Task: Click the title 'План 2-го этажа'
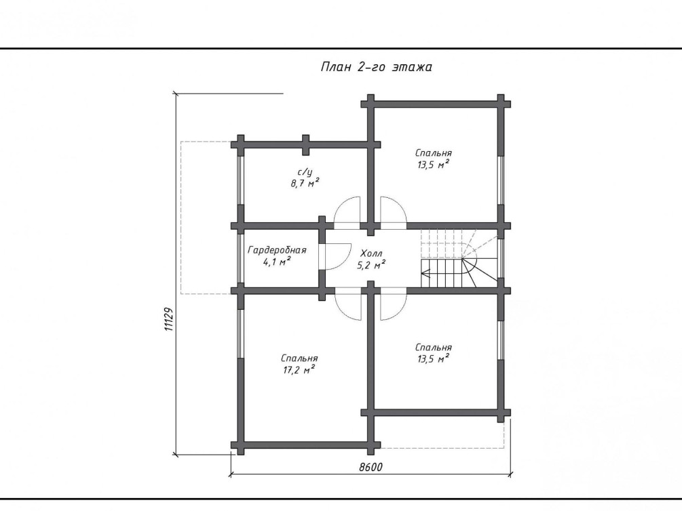(x=376, y=67)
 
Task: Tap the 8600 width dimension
(x=371, y=467)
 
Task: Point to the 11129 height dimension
(x=169, y=319)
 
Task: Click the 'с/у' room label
(x=305, y=173)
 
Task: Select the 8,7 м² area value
(x=305, y=183)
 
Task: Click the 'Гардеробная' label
(x=277, y=250)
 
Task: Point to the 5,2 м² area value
(x=371, y=264)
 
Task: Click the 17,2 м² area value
(x=298, y=370)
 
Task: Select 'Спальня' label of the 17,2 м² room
(x=299, y=359)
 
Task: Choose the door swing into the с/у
(x=347, y=212)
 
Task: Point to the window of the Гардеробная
(x=240, y=259)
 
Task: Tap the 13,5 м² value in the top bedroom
(x=433, y=165)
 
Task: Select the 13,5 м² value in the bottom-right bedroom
(x=433, y=359)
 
